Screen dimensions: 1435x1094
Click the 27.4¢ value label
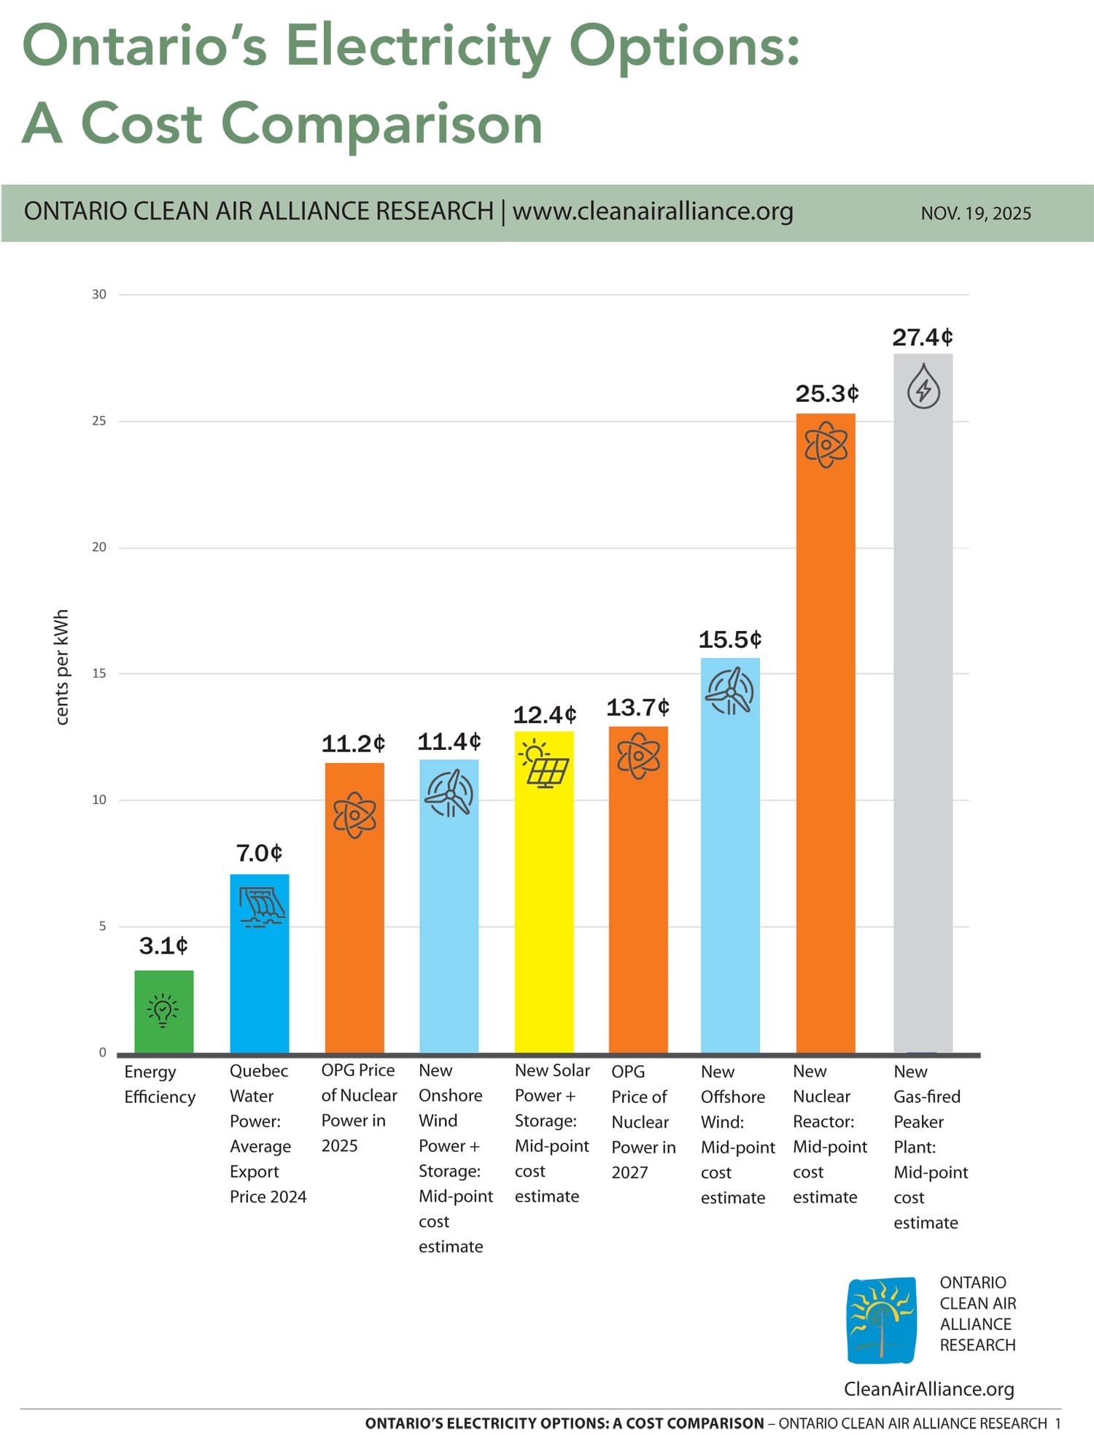(x=923, y=337)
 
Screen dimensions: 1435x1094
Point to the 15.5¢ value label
(x=730, y=640)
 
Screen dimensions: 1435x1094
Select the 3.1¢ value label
(x=163, y=946)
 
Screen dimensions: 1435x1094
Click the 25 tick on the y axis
(x=99, y=421)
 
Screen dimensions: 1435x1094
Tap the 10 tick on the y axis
(x=99, y=800)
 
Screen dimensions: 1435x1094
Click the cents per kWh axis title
(x=62, y=668)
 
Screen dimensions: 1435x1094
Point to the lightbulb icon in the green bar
(x=163, y=1010)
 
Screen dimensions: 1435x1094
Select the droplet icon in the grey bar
(x=923, y=387)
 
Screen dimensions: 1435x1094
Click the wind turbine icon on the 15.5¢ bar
(x=729, y=691)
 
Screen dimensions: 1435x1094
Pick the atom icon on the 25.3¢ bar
(x=826, y=444)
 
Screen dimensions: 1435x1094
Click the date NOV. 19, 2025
(x=976, y=214)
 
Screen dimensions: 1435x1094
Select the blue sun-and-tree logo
(x=882, y=1320)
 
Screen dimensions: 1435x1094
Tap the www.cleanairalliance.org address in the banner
(x=653, y=212)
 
